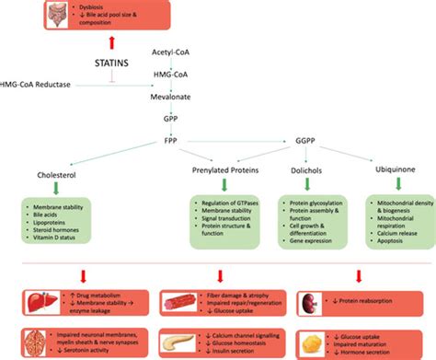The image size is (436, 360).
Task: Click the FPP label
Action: point(171,142)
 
